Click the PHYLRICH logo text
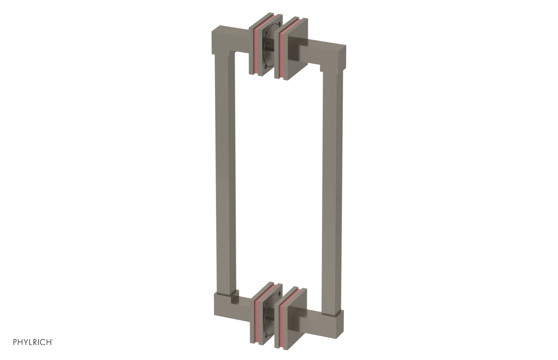point(33,342)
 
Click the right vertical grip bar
point(332,188)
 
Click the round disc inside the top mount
point(268,49)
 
